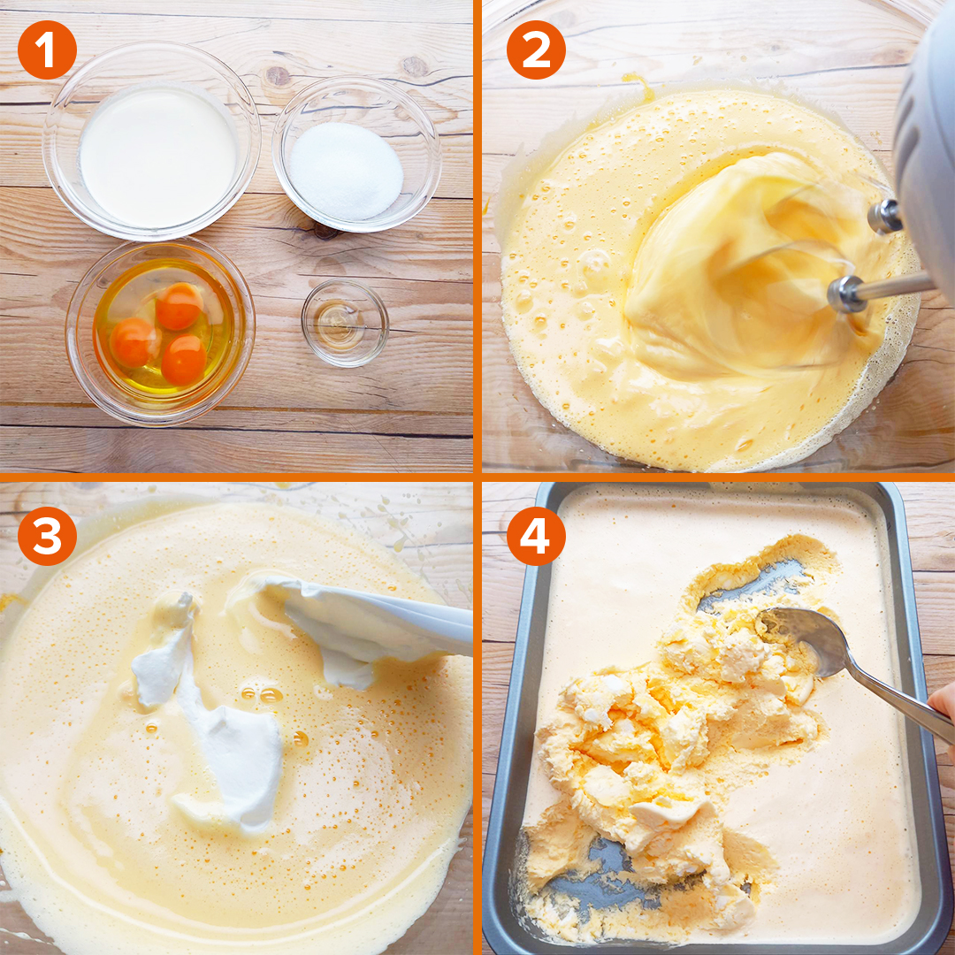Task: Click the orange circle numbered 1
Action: coord(47,50)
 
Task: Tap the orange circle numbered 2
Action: coord(536,50)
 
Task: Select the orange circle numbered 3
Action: coord(47,536)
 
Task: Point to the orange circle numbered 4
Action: coord(536,536)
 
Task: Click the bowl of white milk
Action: coord(152,141)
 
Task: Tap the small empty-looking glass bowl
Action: coord(345,323)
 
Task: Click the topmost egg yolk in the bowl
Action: coord(179,306)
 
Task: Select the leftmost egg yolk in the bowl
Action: coord(134,342)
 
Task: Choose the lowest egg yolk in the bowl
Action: coord(184,360)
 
